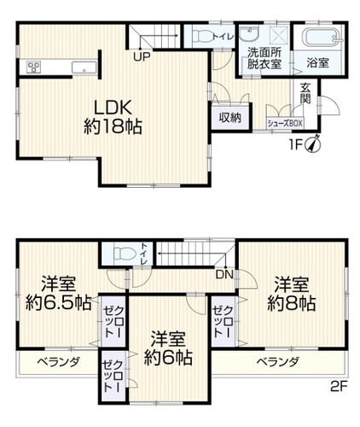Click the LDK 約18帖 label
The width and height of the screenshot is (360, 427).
point(113,117)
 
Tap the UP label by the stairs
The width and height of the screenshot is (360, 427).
point(142,57)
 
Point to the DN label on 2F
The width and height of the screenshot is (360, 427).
point(224,274)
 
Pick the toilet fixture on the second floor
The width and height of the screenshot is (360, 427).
point(125,253)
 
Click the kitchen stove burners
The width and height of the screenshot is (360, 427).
point(34,67)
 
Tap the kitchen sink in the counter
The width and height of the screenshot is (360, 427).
point(84,68)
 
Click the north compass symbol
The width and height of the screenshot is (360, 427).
point(313,144)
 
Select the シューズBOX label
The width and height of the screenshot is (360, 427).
point(285,124)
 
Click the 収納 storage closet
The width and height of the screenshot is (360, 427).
point(230,117)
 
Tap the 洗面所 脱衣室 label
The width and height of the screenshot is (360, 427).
point(264,58)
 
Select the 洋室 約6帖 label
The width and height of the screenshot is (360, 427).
point(168,348)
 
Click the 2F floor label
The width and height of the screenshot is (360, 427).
point(339,387)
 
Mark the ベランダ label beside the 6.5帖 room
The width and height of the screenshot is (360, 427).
point(59,362)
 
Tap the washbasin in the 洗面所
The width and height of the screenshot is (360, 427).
point(249,34)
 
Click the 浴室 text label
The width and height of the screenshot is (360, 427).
point(317,62)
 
